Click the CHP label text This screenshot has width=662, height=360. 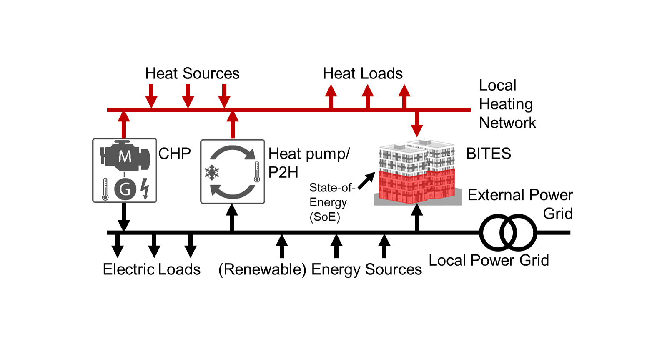tap(175, 154)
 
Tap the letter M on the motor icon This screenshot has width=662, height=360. tap(125, 157)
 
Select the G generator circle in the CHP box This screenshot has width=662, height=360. tap(125, 189)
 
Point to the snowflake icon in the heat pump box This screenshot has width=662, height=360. tap(212, 172)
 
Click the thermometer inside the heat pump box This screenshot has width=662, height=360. tap(257, 172)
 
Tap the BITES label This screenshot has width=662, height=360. tap(488, 154)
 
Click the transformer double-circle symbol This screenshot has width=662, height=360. tap(508, 232)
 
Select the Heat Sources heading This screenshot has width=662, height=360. tap(192, 73)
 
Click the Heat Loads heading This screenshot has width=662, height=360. tap(363, 73)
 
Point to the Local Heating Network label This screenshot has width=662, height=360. tap(507, 104)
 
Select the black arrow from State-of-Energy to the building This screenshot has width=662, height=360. tap(366, 181)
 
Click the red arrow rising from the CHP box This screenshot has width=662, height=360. tap(124, 124)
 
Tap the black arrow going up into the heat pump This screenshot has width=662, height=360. tap(232, 217)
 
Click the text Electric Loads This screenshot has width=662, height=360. tap(152, 269)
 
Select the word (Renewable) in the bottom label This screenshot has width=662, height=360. tap(263, 269)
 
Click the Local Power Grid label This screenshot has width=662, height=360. tap(489, 260)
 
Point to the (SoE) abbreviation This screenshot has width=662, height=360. tap(325, 217)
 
